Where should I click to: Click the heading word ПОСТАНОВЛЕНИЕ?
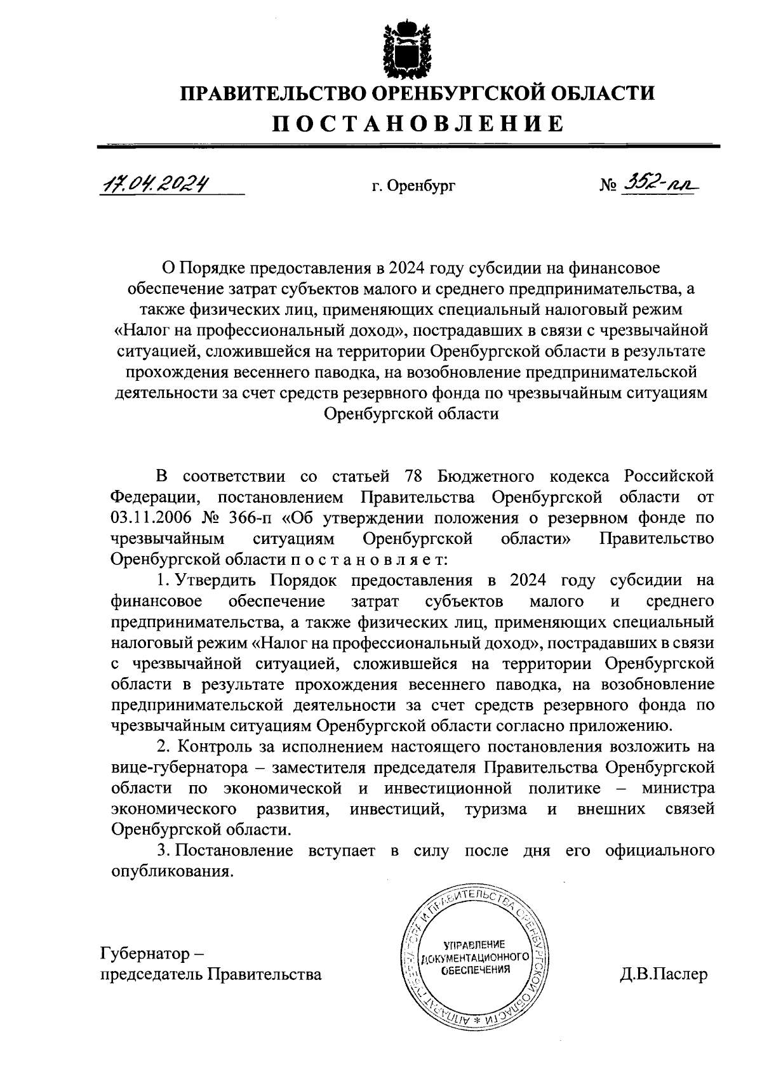pos(418,123)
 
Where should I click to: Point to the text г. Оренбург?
pos(413,187)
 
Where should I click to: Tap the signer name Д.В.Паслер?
pos(663,974)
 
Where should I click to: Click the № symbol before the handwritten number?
pos(608,186)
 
